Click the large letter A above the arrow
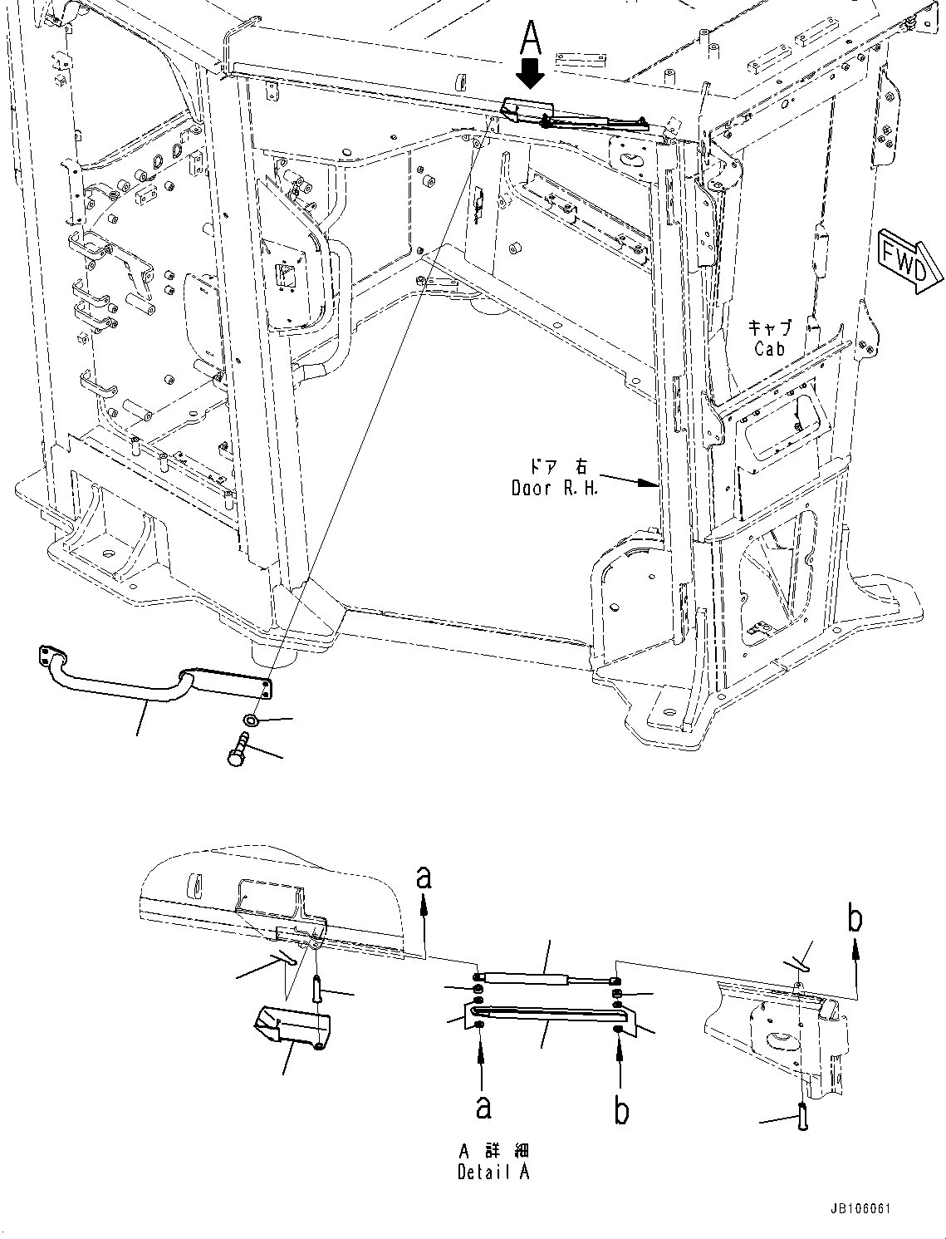tap(530, 37)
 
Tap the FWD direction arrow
tap(909, 259)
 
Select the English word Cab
tap(769, 349)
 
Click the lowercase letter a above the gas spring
tap(424, 878)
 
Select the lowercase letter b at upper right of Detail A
tap(855, 919)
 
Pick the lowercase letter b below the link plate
tap(621, 1110)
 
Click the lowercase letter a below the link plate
tap(482, 1108)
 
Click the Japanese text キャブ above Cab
tap(769, 327)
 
